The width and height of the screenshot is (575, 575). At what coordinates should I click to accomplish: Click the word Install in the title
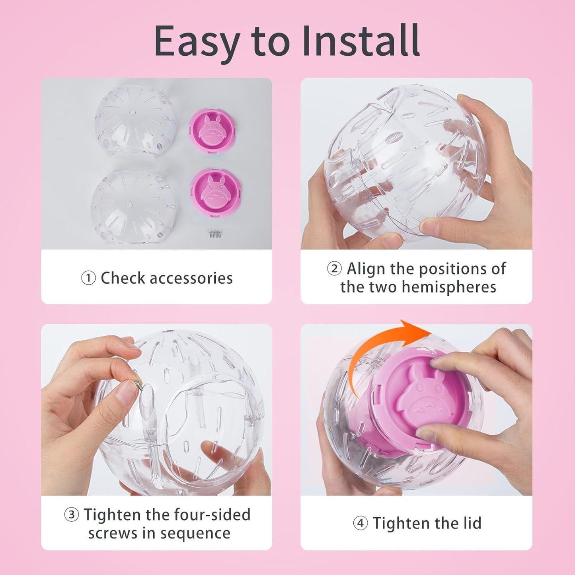(361, 41)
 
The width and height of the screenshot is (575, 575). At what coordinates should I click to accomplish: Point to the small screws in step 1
(215, 234)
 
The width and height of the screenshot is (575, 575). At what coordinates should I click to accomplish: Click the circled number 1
(88, 278)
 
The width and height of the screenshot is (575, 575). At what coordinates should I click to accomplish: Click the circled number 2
(334, 269)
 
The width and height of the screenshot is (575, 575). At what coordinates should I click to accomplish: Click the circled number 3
(71, 515)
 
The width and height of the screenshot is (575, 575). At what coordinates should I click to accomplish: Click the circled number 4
(360, 523)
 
